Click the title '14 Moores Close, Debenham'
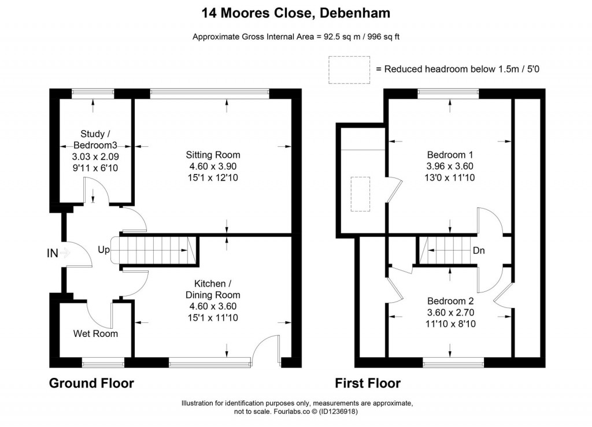295,12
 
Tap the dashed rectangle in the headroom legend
349,69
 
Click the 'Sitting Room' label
213,155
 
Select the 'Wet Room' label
95,333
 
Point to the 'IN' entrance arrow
64,253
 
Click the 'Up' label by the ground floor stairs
103,250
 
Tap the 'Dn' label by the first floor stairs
479,251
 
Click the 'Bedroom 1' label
450,155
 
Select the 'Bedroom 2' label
450,301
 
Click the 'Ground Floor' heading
91,383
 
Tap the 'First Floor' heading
368,383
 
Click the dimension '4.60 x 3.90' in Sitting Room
213,166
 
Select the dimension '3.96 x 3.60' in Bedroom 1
450,166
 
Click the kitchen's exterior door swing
267,349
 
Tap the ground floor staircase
154,251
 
